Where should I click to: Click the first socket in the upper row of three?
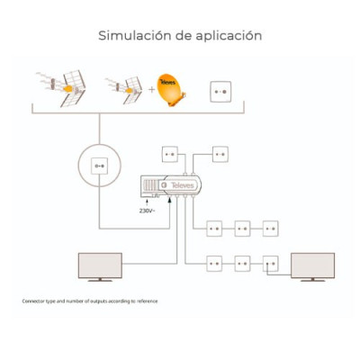214,229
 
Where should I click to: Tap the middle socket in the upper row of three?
242,229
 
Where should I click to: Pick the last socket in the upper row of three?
269,229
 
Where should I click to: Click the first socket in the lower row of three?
214,264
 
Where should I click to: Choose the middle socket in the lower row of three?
242,264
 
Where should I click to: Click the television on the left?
102,266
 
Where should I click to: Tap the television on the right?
312,265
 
